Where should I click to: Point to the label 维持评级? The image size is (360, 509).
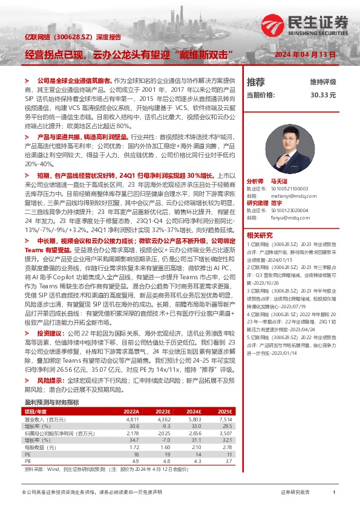point(322,82)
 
